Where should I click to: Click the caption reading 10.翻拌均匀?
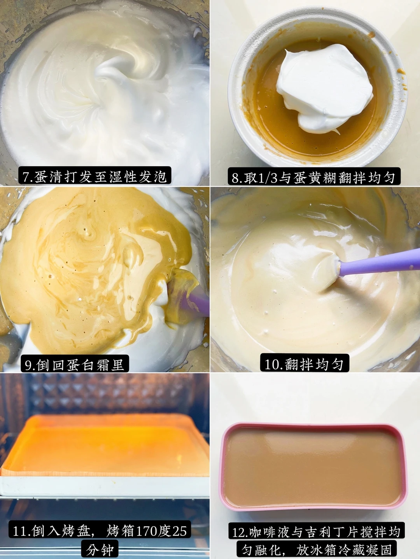(x=304, y=364)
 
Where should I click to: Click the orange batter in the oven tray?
(x=105, y=443)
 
